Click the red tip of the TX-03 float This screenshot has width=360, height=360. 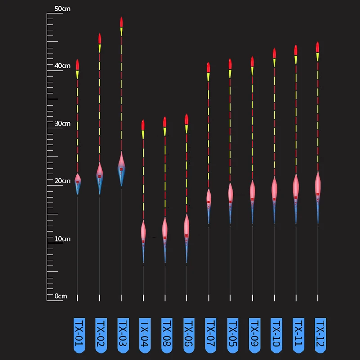tap(121, 22)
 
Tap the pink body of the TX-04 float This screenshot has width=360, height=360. tap(144, 231)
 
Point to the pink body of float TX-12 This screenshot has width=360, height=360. tap(318, 183)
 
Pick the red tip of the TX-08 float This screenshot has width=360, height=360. tap(165, 122)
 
